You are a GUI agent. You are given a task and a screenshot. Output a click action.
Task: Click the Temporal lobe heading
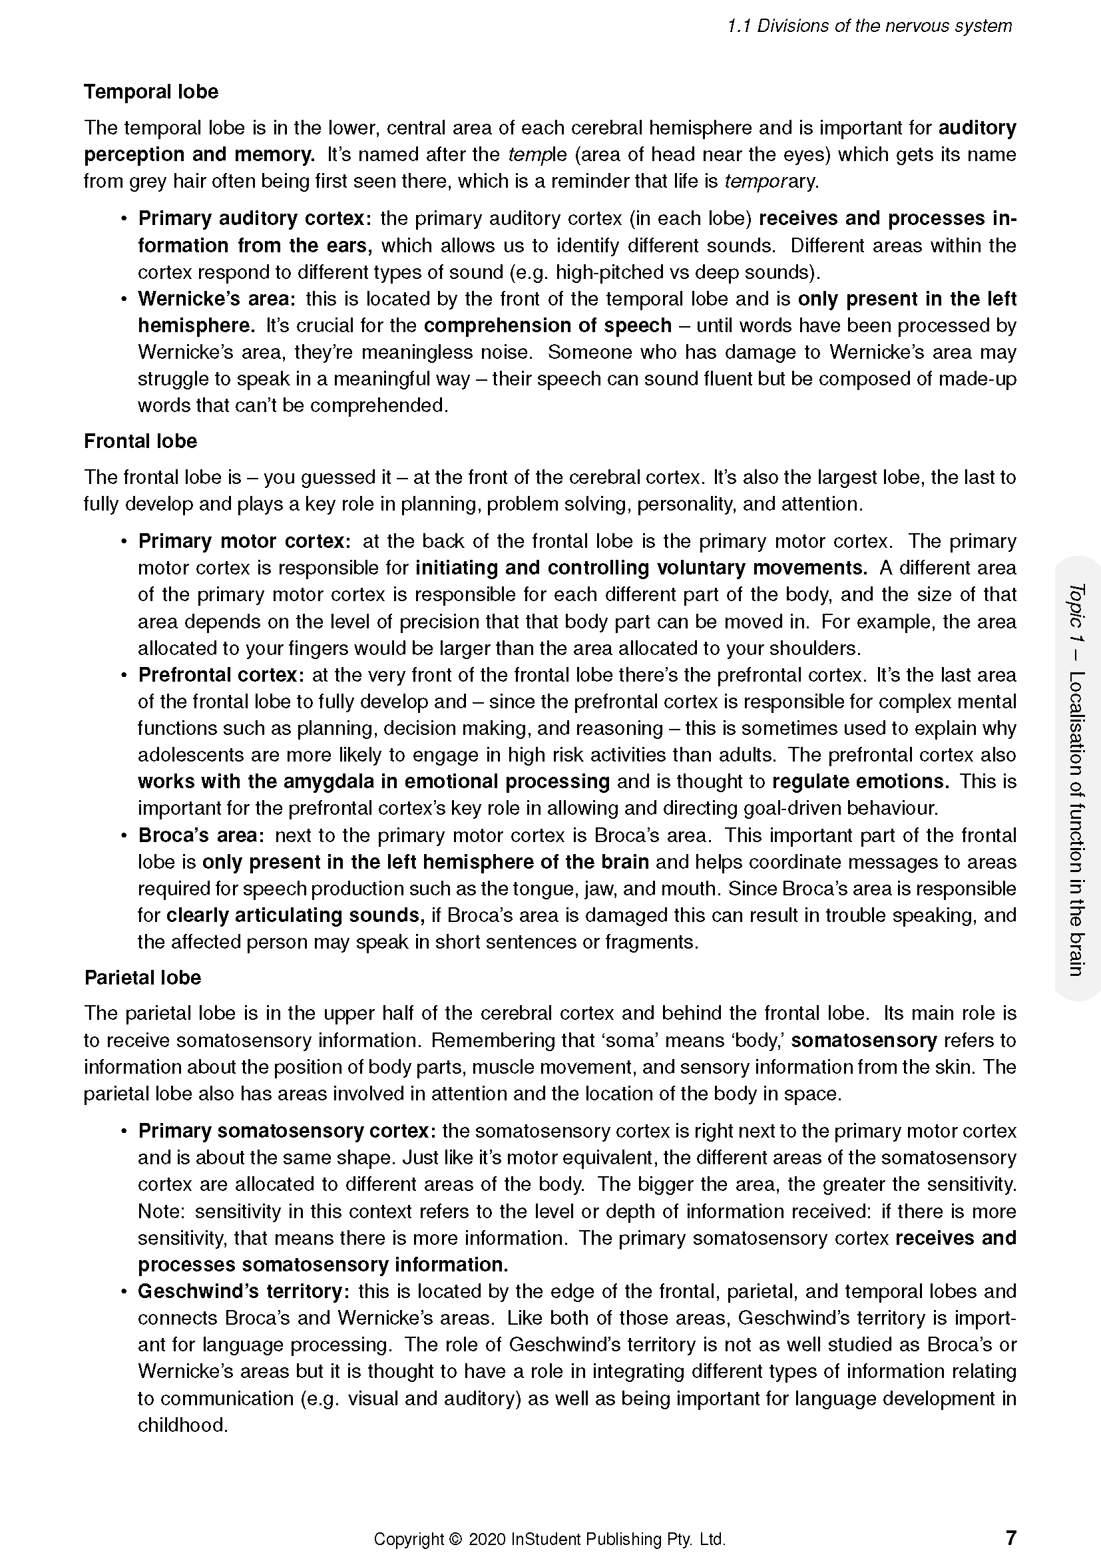[x=150, y=92]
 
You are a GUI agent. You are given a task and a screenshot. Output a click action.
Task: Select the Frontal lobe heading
[x=140, y=441]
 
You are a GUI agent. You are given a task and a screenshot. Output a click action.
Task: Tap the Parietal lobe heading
[x=142, y=977]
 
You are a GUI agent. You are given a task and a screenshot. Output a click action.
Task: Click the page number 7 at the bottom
[x=1010, y=1536]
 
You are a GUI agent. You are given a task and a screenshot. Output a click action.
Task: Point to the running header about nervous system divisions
[x=869, y=26]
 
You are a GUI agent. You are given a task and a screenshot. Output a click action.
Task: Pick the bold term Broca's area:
[x=200, y=835]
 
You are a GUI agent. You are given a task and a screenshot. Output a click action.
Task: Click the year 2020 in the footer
[x=487, y=1538]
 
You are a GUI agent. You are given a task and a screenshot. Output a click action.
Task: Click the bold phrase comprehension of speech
[x=547, y=326]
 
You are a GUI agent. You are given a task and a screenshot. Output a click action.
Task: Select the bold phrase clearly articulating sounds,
[x=296, y=915]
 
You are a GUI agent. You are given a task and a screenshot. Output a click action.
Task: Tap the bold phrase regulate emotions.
[x=860, y=781]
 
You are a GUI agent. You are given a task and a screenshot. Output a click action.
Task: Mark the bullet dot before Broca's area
[x=124, y=835]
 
